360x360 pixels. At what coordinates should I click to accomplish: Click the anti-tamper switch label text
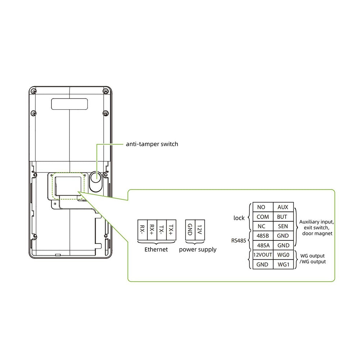click(152, 144)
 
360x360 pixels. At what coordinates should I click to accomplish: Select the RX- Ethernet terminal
click(142, 230)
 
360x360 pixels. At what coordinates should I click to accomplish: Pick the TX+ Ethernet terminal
click(171, 230)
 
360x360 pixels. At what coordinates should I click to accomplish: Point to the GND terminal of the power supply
click(190, 230)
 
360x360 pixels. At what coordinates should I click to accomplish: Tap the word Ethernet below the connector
click(156, 249)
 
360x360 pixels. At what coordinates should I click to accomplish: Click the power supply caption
click(198, 249)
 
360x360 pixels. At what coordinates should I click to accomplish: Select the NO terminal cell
click(261, 207)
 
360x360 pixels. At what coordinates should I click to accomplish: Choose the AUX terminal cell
click(283, 207)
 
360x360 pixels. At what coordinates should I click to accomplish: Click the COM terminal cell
click(263, 217)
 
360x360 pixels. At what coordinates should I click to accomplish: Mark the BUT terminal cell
click(283, 217)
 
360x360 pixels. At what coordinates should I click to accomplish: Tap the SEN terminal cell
click(283, 226)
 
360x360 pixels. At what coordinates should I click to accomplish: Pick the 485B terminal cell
click(263, 236)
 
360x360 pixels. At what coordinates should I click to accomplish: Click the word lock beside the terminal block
click(239, 218)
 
